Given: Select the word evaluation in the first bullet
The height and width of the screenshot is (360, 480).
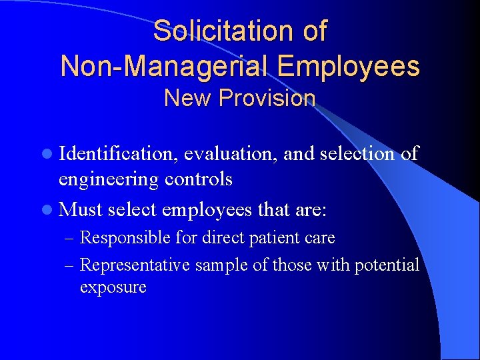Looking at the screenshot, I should pos(231,154).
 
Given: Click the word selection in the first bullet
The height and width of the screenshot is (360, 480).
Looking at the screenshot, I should pos(357,154).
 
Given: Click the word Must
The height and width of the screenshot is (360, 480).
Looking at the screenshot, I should pos(80,210).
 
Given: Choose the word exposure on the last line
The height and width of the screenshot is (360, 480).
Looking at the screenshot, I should pos(113,288).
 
